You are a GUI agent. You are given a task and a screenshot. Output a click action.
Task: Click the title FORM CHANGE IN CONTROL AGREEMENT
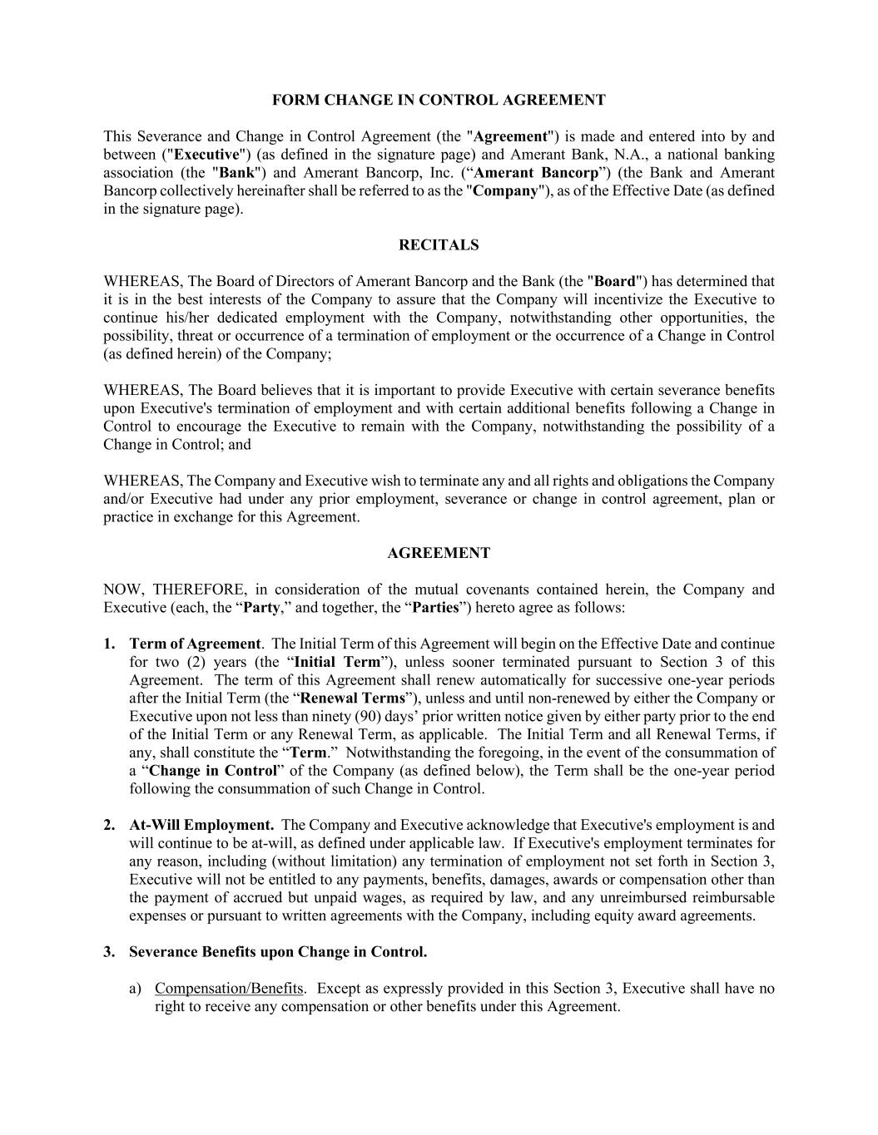439,101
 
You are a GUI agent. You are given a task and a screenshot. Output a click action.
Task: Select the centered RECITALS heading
439,245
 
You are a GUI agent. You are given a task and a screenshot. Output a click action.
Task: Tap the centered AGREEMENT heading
439,553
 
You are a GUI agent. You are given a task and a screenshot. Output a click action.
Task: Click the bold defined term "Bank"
236,173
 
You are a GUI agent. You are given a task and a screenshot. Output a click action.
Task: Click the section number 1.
109,644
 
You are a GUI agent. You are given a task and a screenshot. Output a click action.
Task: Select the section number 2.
109,826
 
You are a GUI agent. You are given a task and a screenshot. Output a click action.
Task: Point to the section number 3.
109,952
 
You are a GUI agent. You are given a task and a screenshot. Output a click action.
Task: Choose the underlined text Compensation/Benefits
229,989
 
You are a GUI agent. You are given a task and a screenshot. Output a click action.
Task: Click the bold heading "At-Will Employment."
201,826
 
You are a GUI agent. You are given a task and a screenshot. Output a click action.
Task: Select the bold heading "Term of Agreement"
195,644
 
